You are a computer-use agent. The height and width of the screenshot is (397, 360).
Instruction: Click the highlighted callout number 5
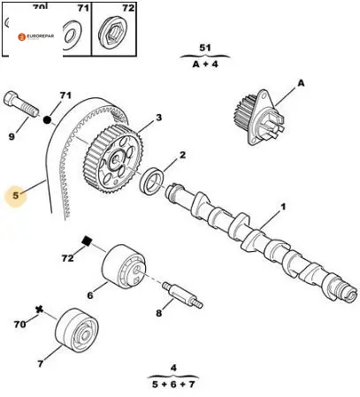pyautogui.click(x=16, y=195)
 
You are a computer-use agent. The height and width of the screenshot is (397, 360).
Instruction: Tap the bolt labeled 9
pyautogui.click(x=20, y=104)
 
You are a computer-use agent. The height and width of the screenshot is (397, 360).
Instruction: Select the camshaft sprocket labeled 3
pyautogui.click(x=113, y=159)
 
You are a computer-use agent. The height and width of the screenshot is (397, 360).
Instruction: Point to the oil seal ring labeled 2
pyautogui.click(x=152, y=181)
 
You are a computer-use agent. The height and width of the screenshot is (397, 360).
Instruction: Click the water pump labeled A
pyautogui.click(x=259, y=117)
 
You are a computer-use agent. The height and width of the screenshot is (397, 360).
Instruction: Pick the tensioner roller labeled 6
pyautogui.click(x=124, y=265)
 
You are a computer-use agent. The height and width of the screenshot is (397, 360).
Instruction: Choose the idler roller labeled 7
pyautogui.click(x=77, y=330)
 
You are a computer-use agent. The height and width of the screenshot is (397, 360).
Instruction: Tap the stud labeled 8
pyautogui.click(x=182, y=295)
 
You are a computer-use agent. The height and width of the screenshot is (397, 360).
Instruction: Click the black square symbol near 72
pyautogui.click(x=86, y=240)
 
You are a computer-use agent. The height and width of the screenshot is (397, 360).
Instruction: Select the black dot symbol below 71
pyautogui.click(x=47, y=120)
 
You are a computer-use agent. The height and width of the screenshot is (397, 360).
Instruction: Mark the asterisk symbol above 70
pyautogui.click(x=39, y=310)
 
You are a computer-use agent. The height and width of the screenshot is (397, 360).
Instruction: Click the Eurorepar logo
pyautogui.click(x=36, y=36)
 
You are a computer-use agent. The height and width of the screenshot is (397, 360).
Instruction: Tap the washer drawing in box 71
pyautogui.click(x=73, y=35)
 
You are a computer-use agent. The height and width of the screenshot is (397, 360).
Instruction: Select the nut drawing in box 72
pyautogui.click(x=114, y=34)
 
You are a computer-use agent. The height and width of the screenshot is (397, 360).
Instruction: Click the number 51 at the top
pyautogui.click(x=205, y=48)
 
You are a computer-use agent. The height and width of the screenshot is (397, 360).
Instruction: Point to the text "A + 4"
pyautogui.click(x=205, y=64)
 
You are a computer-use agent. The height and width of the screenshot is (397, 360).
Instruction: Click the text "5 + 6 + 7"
pyautogui.click(x=173, y=385)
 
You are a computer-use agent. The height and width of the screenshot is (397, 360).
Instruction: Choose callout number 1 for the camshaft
pyautogui.click(x=283, y=207)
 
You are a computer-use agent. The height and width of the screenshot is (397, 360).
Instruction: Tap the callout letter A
pyautogui.click(x=301, y=83)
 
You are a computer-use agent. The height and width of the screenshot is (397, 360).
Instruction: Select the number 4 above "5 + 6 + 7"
pyautogui.click(x=173, y=368)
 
